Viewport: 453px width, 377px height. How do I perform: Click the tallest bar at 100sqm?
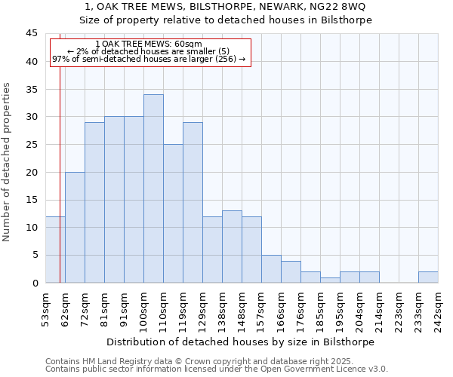(153, 188)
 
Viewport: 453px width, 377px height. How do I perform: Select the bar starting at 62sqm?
(75, 227)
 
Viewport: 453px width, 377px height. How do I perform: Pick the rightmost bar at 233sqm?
(428, 277)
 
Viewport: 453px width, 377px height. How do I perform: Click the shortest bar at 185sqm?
(330, 280)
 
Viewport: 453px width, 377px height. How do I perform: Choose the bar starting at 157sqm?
(271, 268)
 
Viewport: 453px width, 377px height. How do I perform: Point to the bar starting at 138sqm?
(232, 247)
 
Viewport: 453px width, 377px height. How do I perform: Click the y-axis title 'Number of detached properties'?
(8, 162)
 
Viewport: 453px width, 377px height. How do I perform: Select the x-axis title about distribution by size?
(241, 342)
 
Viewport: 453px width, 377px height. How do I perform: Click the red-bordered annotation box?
(149, 51)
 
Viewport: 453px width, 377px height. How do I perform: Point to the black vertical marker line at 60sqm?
(60, 166)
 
